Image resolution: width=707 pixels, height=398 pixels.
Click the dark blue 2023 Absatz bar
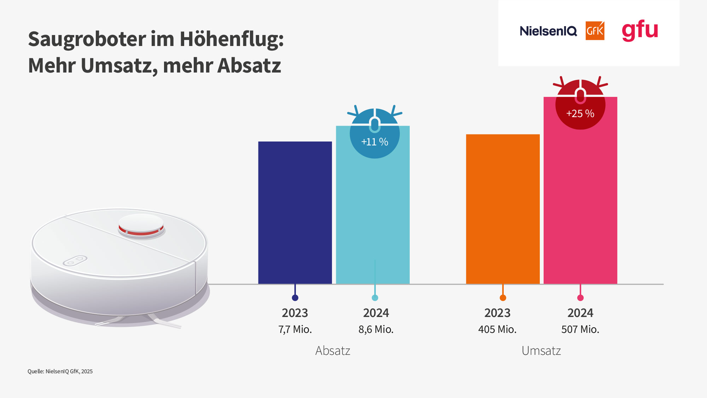295,212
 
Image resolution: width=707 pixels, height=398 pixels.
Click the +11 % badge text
375,142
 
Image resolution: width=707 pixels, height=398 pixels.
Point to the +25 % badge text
580,114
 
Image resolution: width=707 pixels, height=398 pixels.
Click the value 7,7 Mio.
295,329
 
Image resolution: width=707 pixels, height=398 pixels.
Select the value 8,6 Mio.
376,329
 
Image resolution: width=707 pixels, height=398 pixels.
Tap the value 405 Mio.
497,329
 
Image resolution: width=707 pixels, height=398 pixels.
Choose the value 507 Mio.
580,329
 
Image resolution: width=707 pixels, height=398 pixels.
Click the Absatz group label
333,351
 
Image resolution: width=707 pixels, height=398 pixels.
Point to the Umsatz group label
541,351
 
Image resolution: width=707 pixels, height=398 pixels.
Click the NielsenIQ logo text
548,31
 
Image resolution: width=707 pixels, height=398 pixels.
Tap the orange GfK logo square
595,31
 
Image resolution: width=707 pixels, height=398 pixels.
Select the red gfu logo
640,30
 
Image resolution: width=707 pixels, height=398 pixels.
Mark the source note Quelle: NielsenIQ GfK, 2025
60,371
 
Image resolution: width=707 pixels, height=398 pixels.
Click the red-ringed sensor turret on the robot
141,226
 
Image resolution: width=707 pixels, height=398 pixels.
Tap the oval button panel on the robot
75,261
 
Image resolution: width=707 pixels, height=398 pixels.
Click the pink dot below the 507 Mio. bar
580,298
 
